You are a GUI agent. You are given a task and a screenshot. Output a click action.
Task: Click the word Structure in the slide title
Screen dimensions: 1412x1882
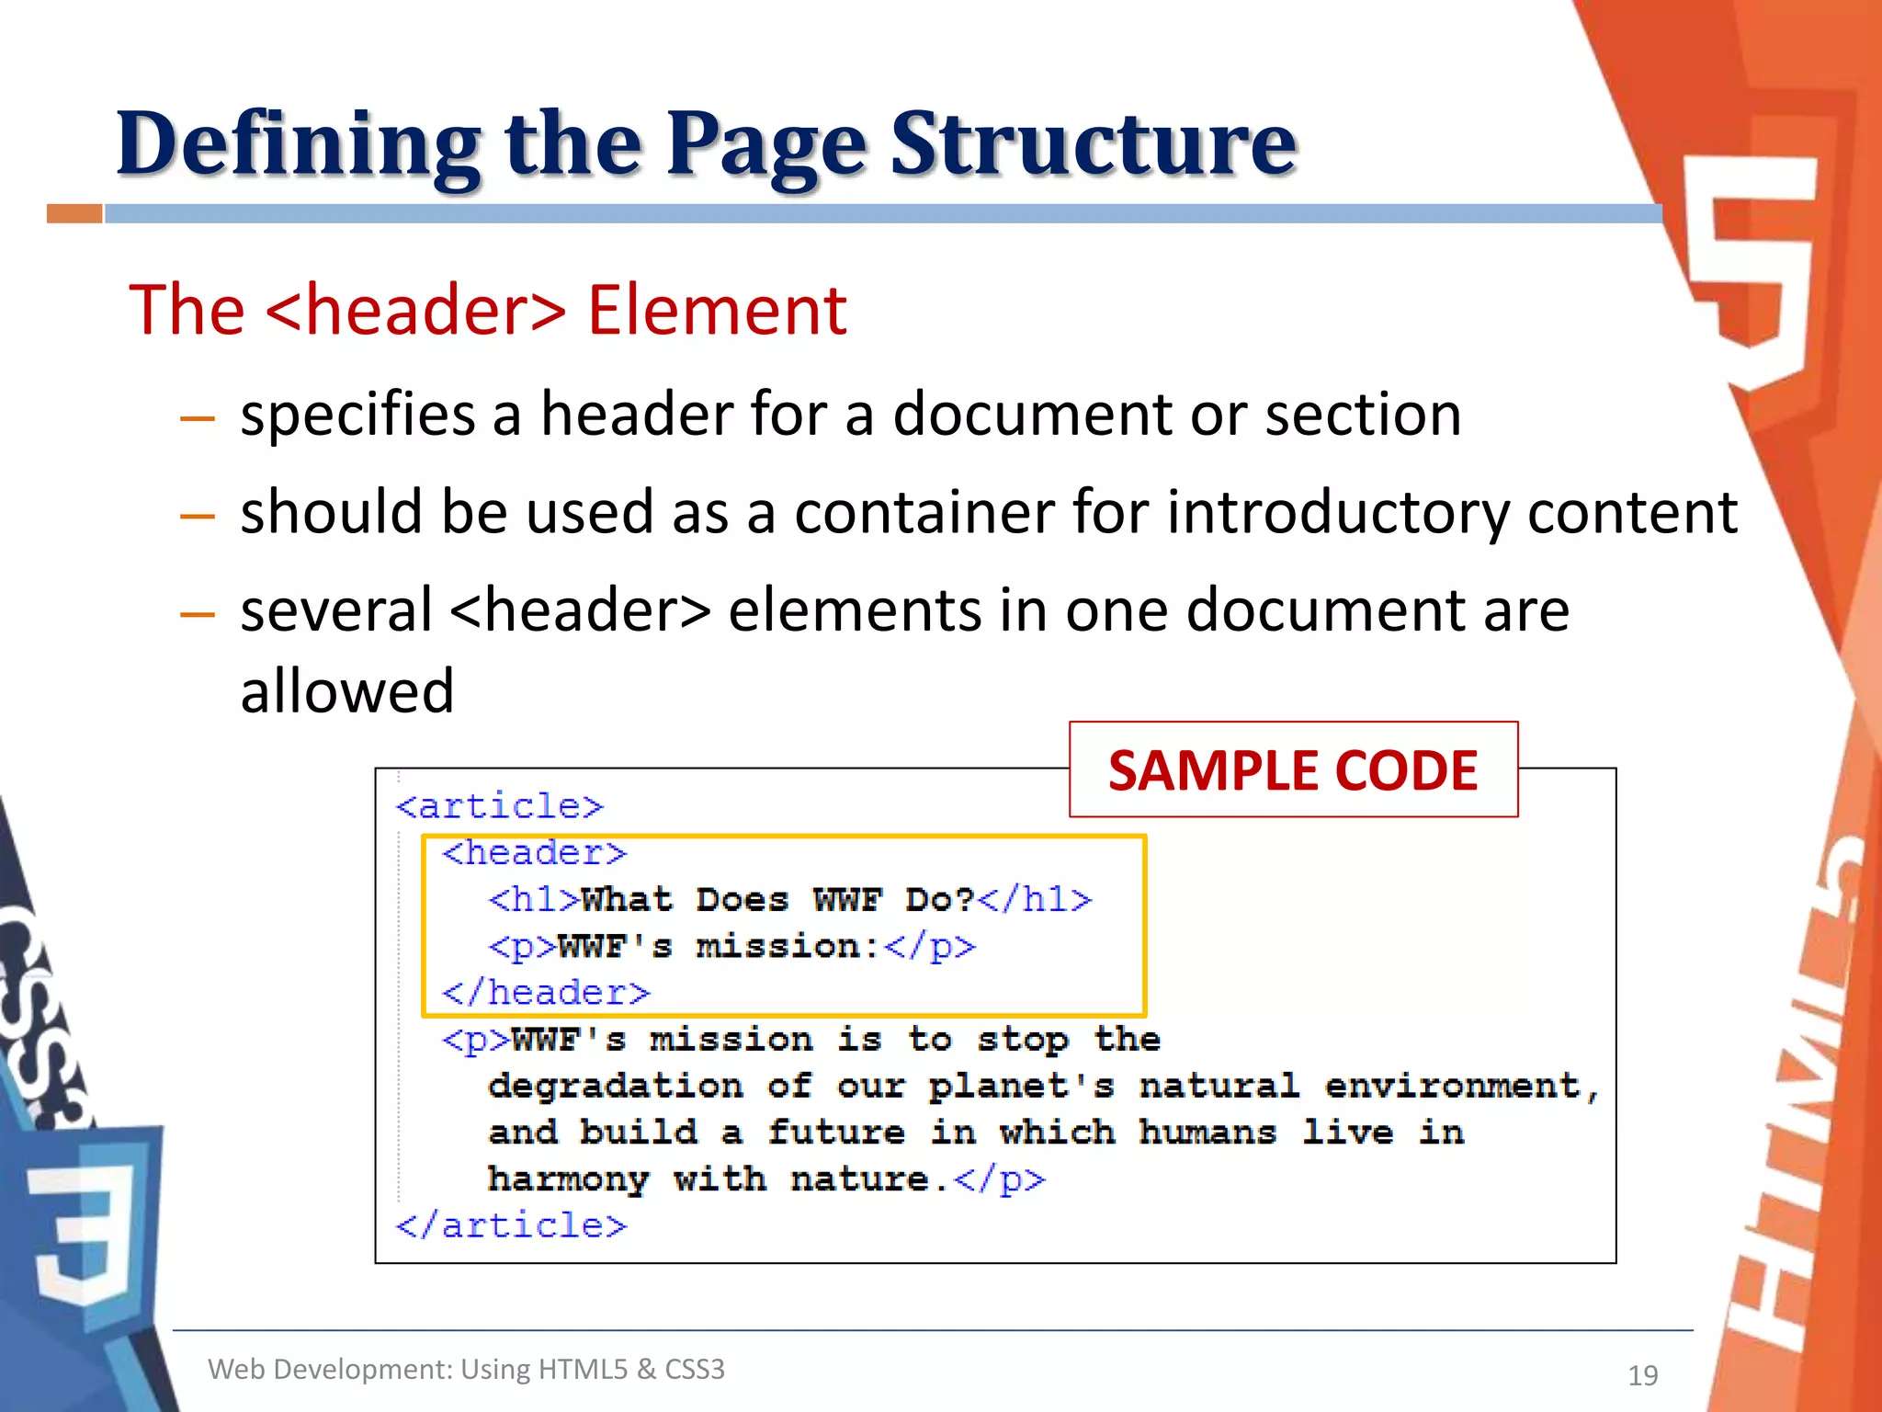[x=1093, y=145]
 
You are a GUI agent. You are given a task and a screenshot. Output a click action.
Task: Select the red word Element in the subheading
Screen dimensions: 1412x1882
[x=717, y=310]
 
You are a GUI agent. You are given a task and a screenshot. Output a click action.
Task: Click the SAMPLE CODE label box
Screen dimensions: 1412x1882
[x=1293, y=770]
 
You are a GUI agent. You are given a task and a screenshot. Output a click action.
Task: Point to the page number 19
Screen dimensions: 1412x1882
[x=1642, y=1375]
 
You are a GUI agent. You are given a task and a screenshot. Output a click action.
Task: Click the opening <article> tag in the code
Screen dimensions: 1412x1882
[x=500, y=806]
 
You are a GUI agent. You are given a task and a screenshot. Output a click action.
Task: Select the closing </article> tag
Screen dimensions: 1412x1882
[x=511, y=1225]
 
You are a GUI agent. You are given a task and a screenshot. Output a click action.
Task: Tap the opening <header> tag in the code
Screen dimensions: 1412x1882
[x=534, y=853]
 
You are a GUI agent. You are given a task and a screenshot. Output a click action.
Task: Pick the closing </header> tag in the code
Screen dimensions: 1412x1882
[x=546, y=993]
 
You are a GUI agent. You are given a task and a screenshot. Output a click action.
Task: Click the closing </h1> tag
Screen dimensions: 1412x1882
[x=1034, y=899]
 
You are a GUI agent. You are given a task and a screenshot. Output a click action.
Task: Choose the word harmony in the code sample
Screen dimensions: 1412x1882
[x=568, y=1179]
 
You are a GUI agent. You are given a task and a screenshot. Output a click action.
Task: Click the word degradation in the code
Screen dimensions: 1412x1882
[x=615, y=1086]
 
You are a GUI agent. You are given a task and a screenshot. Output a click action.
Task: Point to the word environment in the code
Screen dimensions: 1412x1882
[x=1452, y=1086]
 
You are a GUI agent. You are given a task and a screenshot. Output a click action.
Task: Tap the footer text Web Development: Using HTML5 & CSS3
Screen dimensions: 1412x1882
[x=466, y=1369]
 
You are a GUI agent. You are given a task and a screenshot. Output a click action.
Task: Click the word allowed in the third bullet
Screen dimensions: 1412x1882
[x=347, y=691]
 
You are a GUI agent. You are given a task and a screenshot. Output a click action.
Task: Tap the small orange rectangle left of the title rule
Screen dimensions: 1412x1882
[x=74, y=214]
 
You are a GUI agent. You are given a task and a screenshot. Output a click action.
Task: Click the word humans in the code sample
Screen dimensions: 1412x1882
[x=1207, y=1133]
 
